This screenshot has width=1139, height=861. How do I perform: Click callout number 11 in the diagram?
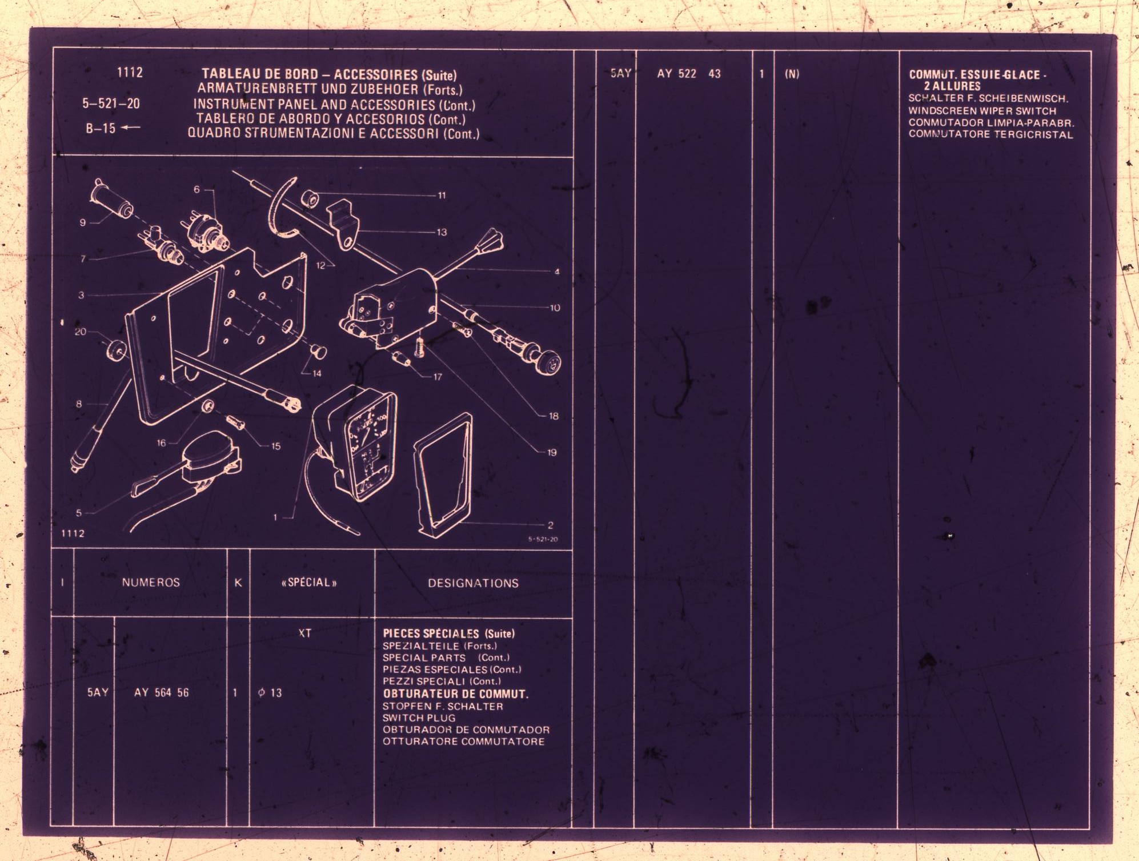tap(442, 196)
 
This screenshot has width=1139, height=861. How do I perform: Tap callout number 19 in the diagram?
tap(551, 453)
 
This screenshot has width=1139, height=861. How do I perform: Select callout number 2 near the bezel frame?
tap(550, 525)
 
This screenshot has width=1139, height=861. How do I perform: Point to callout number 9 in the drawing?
tap(83, 222)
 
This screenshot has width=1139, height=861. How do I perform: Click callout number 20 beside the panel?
tap(81, 332)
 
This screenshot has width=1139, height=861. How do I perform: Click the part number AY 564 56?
tap(161, 693)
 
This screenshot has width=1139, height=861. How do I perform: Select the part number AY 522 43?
tap(688, 74)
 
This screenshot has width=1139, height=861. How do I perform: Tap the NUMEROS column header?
tap(151, 583)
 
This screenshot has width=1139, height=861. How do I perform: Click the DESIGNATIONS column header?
tap(473, 583)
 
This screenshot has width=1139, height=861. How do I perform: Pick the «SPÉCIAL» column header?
tap(309, 583)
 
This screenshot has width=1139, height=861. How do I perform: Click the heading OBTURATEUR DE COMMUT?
tap(455, 694)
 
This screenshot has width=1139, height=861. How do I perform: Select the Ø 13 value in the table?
tap(270, 693)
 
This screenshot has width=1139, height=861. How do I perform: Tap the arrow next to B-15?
tap(131, 127)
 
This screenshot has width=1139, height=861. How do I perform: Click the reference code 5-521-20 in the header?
tap(111, 103)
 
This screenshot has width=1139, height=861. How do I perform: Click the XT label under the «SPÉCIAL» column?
tap(305, 633)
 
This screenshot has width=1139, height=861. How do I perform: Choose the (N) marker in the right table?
tap(792, 74)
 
